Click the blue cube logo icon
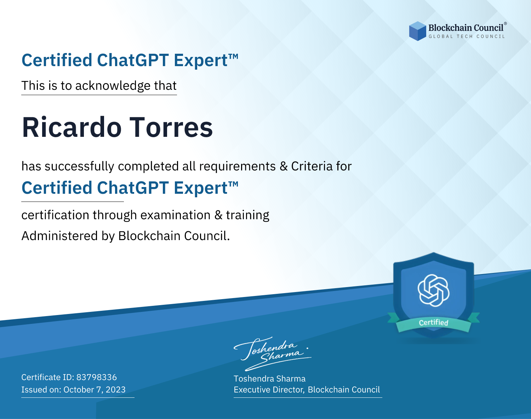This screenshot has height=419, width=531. click(x=417, y=31)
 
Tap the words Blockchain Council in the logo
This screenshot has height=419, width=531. click(x=466, y=28)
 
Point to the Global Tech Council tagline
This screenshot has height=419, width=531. click(x=467, y=36)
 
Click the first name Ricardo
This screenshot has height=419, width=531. click(x=72, y=127)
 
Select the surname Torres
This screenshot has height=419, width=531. click(x=171, y=127)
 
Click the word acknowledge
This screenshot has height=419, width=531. click(x=113, y=86)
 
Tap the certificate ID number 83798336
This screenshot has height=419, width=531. click(x=97, y=377)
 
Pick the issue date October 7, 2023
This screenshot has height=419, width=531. click(x=95, y=389)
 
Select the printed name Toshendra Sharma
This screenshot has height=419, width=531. click(x=269, y=379)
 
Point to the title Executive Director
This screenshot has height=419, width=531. click(x=269, y=390)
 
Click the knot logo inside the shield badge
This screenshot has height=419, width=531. click(x=434, y=290)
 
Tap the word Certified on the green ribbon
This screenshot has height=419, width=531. click(x=434, y=322)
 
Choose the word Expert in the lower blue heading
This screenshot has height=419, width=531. click(x=201, y=188)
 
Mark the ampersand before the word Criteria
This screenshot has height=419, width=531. click(x=284, y=166)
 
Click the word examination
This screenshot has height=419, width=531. click(x=176, y=215)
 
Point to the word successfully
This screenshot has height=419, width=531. click(x=79, y=167)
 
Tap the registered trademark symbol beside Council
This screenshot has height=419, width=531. click(x=506, y=24)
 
